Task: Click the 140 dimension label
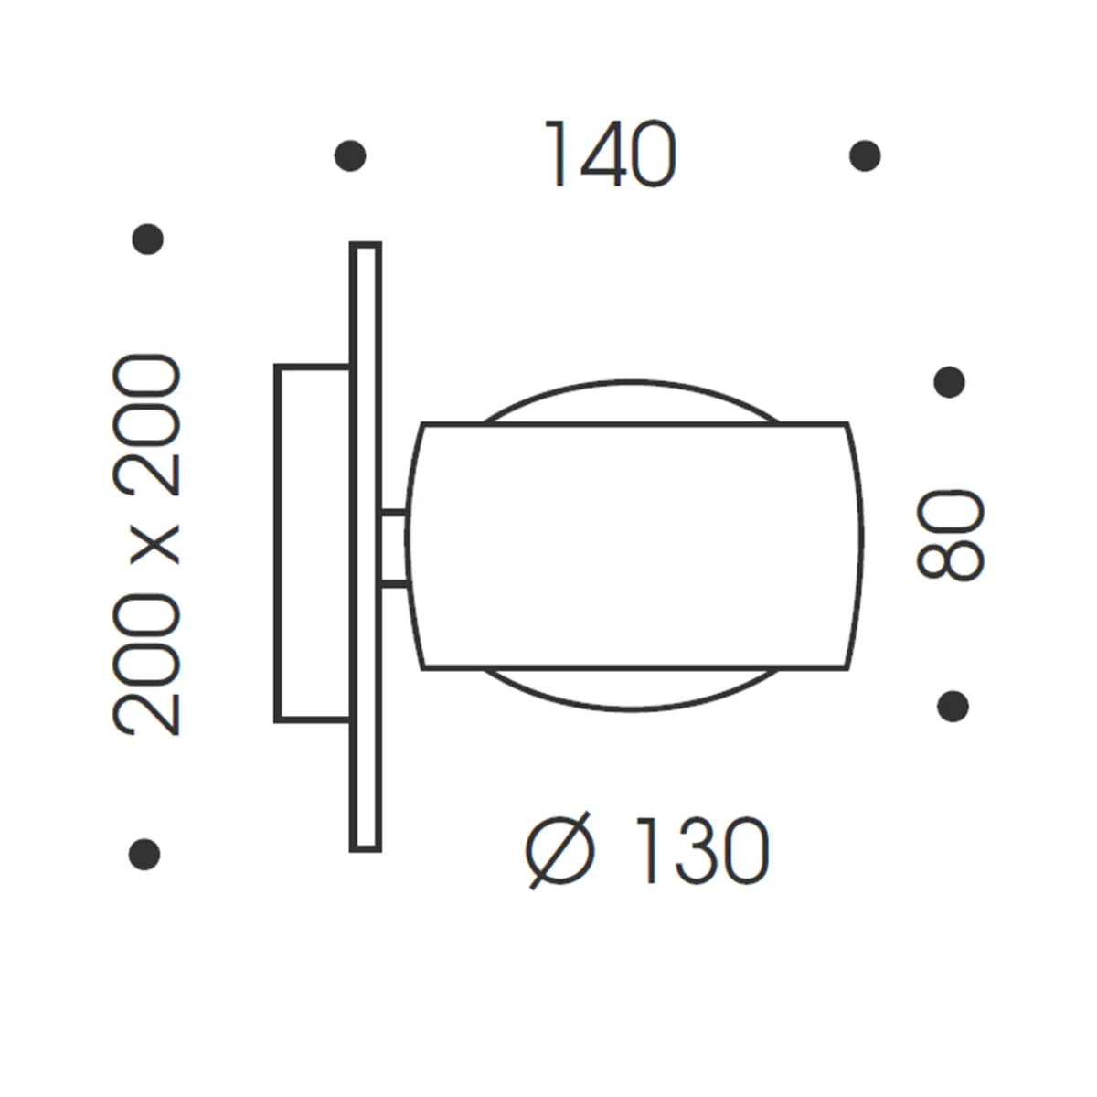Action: (611, 155)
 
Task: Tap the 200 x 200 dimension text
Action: (145, 547)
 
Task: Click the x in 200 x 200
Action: (149, 547)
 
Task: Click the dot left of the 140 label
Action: (351, 155)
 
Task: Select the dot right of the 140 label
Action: (865, 155)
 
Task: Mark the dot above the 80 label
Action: (950, 382)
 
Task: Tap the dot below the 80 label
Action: (953, 705)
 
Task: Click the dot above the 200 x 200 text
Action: (147, 240)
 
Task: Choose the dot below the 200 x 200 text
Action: (144, 854)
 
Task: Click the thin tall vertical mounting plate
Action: (366, 547)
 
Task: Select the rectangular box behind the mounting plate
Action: (312, 543)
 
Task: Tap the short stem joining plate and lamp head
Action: (394, 547)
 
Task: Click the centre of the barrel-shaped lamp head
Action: (634, 547)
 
